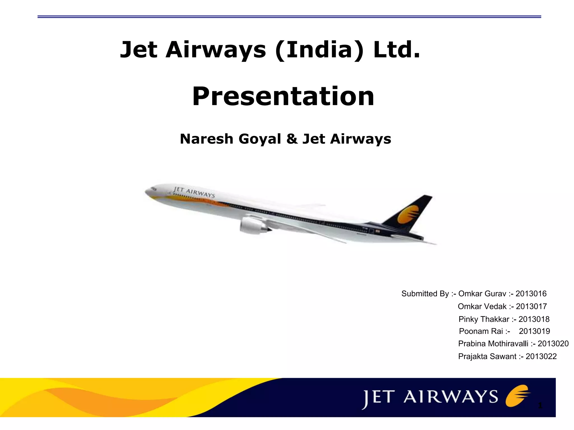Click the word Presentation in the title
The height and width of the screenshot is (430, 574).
click(x=283, y=96)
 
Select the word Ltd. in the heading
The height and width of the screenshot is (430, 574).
click(x=397, y=50)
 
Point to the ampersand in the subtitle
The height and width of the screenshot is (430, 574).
click(x=292, y=139)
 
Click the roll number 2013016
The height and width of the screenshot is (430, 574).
click(x=531, y=293)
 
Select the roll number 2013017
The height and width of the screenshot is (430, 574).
click(x=531, y=306)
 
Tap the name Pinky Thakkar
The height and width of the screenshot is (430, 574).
click(x=484, y=319)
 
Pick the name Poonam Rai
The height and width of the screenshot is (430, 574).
click(x=481, y=331)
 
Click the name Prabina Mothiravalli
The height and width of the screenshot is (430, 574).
click(x=493, y=344)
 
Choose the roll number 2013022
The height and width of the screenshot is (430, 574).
click(x=541, y=356)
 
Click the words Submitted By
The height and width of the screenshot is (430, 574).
click(x=425, y=293)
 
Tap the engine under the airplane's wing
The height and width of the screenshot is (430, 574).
click(x=252, y=225)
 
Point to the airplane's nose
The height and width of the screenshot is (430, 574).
click(x=147, y=192)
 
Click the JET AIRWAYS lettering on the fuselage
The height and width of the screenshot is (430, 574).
click(x=194, y=192)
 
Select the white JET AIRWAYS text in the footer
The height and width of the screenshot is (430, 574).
click(x=430, y=397)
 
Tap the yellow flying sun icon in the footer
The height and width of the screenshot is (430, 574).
click(x=517, y=396)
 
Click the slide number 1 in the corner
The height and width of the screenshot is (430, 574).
click(x=540, y=405)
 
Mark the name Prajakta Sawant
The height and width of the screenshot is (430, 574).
click(x=487, y=356)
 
